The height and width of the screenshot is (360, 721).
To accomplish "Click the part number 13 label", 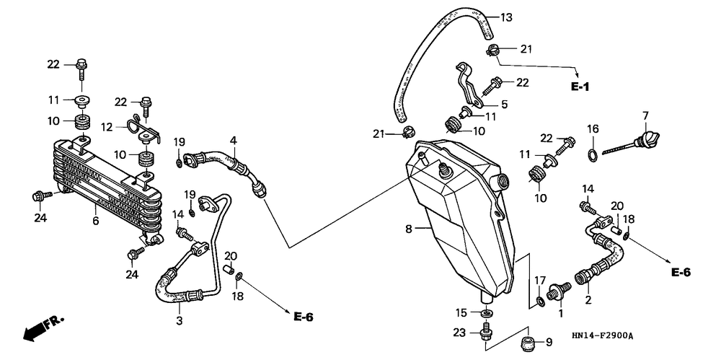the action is pyautogui.click(x=506, y=19).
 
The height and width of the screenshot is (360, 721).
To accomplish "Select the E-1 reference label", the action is pyautogui.click(x=580, y=87).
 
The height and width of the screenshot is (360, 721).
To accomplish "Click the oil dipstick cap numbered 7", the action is pyautogui.click(x=647, y=138).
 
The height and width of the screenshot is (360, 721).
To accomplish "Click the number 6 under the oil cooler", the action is pyautogui.click(x=96, y=221).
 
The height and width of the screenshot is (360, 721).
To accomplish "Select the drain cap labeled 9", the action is pyautogui.click(x=528, y=343).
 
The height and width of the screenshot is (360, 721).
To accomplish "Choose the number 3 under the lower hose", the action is pyautogui.click(x=180, y=320).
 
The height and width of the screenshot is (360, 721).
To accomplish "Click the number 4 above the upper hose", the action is pyautogui.click(x=234, y=139).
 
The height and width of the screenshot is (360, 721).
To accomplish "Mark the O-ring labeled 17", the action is pyautogui.click(x=540, y=302).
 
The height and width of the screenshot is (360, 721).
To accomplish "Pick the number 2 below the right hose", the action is pyautogui.click(x=588, y=301).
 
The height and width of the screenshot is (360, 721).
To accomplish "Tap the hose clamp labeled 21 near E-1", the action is pyautogui.click(x=492, y=49).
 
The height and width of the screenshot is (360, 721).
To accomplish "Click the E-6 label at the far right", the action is pyautogui.click(x=681, y=273).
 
